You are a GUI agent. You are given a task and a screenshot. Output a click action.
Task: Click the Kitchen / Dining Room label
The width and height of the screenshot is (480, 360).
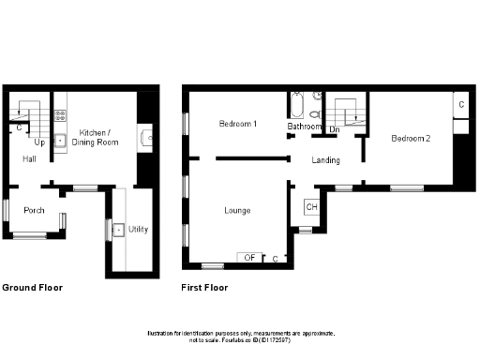[99, 136]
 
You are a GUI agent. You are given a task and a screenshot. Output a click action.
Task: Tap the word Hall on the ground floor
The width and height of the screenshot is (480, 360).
[30, 159]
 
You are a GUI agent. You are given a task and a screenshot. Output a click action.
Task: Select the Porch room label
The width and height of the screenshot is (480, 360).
[35, 210]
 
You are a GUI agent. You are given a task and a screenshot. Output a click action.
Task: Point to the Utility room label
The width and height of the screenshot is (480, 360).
[139, 229]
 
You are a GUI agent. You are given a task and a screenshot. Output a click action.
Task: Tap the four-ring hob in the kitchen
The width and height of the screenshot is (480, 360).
[60, 116]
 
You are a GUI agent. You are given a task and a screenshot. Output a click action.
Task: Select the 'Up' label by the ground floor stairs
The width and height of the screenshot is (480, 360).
[39, 143]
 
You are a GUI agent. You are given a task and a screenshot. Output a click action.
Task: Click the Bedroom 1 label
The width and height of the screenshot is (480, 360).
[238, 124]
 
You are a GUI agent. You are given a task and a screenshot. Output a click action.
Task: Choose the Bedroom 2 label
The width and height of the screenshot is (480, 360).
[411, 139]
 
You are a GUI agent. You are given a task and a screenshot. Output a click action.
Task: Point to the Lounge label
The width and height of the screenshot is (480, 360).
[237, 210]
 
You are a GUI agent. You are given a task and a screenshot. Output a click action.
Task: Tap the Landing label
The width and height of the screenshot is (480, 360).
[326, 160]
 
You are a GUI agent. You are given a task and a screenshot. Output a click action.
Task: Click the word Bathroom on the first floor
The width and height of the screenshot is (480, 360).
[305, 127]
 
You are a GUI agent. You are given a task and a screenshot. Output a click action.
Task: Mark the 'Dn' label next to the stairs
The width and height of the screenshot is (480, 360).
[335, 128]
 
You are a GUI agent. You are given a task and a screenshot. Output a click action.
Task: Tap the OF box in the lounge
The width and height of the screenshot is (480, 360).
[249, 257]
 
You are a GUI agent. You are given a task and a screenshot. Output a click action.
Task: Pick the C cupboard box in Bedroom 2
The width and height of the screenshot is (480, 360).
[461, 103]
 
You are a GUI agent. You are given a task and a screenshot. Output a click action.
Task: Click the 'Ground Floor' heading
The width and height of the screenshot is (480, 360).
[33, 288]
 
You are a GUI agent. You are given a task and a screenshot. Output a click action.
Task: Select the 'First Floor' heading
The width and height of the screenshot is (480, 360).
[204, 288]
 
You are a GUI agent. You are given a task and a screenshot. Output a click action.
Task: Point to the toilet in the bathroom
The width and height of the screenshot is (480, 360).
[318, 97]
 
